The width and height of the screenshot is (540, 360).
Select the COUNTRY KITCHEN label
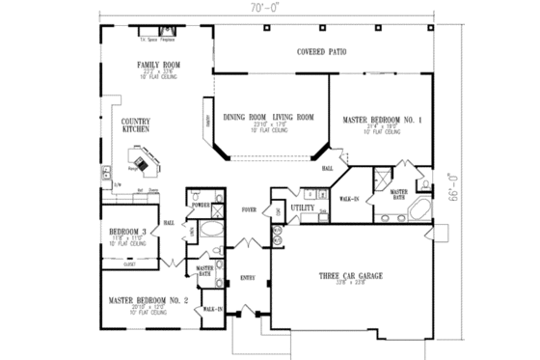pyautogui.click(x=135, y=124)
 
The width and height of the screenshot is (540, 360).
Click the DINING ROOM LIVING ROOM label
pyautogui.click(x=269, y=117)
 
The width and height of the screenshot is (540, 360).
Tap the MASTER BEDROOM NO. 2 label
pyautogui.click(x=148, y=300)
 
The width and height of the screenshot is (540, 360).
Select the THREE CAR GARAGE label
pyautogui.click(x=351, y=276)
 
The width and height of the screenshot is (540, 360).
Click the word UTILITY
pyautogui.click(x=302, y=208)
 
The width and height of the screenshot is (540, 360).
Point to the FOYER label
pyautogui.click(x=249, y=208)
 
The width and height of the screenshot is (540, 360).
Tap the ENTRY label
pyautogui.click(x=247, y=278)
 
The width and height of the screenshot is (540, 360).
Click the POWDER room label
pyautogui.click(x=201, y=206)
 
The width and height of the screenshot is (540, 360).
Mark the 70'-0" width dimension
pyautogui.click(x=270, y=8)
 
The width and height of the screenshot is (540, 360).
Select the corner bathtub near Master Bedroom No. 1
pyautogui.click(x=419, y=212)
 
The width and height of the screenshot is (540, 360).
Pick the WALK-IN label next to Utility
pyautogui.click(x=349, y=200)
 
